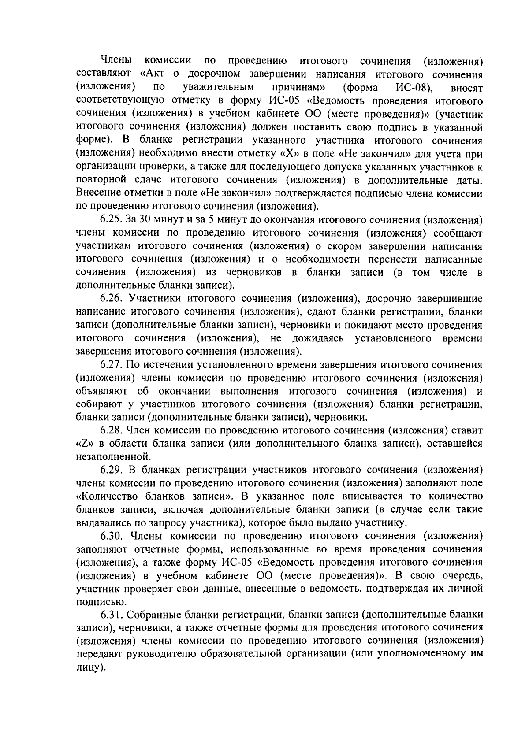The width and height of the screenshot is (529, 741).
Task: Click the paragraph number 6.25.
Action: pyautogui.click(x=111, y=220)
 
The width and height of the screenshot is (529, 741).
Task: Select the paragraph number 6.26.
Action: pyautogui.click(x=111, y=299)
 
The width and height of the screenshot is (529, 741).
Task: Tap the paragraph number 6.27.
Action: pyautogui.click(x=111, y=365)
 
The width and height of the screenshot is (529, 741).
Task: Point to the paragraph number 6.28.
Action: pyautogui.click(x=111, y=430)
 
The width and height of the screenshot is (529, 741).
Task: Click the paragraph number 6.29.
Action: pyautogui.click(x=111, y=470)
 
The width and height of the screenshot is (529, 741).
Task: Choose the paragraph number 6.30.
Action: pyautogui.click(x=111, y=536)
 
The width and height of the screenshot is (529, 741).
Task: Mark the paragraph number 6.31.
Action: pyautogui.click(x=111, y=615)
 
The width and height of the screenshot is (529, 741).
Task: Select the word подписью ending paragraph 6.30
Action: pyautogui.click(x=96, y=602)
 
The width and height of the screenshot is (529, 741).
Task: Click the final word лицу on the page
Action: pyautogui.click(x=90, y=668)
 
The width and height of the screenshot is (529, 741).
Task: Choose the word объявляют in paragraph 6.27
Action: pyautogui.click(x=102, y=391)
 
